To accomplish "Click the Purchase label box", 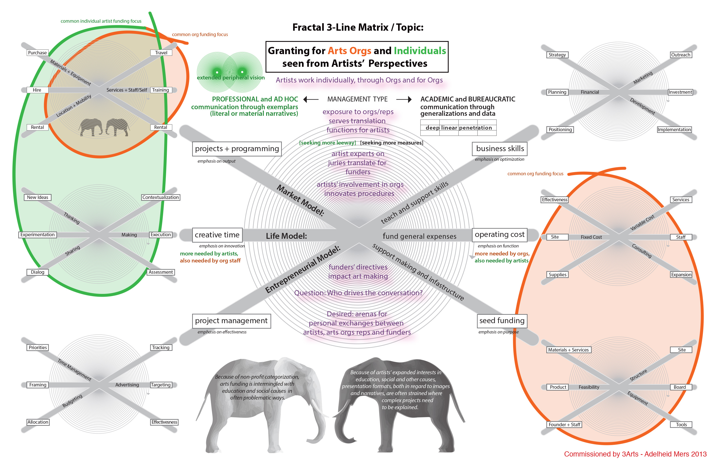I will click(x=37, y=53).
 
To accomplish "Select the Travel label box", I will click(x=161, y=53).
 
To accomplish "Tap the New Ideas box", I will click(x=38, y=197).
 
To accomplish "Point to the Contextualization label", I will click(x=161, y=197).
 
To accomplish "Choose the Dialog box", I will click(x=38, y=272).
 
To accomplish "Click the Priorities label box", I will click(x=38, y=347).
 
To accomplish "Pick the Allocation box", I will click(x=38, y=422).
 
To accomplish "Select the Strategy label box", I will click(x=557, y=55).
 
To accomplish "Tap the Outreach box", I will click(x=680, y=55).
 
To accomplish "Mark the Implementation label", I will click(x=674, y=130).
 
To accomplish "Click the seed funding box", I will click(x=502, y=321).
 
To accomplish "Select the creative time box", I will click(x=217, y=235).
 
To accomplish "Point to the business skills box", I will click(x=500, y=149).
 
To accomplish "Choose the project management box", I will click(x=231, y=321).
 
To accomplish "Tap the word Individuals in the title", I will click(x=420, y=51).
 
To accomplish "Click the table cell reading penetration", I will click(x=475, y=128).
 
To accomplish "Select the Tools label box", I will click(x=681, y=425).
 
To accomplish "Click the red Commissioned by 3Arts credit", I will click(x=635, y=454).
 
